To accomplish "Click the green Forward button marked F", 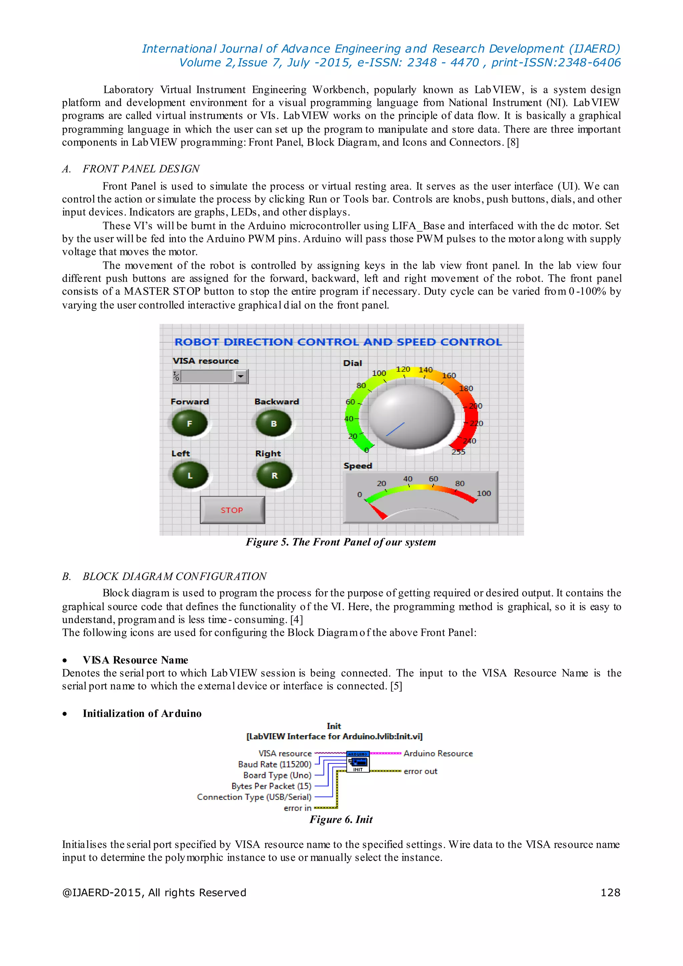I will pyautogui.click(x=190, y=424).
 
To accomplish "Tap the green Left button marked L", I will pyautogui.click(x=190, y=475).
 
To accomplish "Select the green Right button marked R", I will pyautogui.click(x=274, y=475).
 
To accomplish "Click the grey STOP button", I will pyautogui.click(x=232, y=510).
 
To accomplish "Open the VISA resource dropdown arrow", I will pyautogui.click(x=240, y=376).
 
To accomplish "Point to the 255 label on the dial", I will pyautogui.click(x=459, y=452).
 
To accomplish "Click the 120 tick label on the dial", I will pyautogui.click(x=403, y=369).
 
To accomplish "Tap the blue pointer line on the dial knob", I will pyautogui.click(x=395, y=429).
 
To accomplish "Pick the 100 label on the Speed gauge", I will pyautogui.click(x=484, y=493).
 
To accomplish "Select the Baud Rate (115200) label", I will pyautogui.click(x=274, y=764).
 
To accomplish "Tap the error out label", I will pyautogui.click(x=420, y=771).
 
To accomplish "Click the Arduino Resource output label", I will pyautogui.click(x=438, y=753).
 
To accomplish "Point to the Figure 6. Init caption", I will pyautogui.click(x=341, y=819).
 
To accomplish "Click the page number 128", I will pyautogui.click(x=610, y=892).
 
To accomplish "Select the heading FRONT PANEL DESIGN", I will pyautogui.click(x=141, y=169).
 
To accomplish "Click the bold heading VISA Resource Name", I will pyautogui.click(x=135, y=660).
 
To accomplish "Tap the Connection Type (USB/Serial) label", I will pyautogui.click(x=254, y=797).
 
